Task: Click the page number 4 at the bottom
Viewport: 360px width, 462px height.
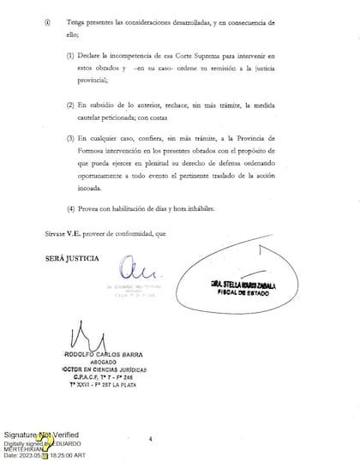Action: (x=150, y=439)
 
